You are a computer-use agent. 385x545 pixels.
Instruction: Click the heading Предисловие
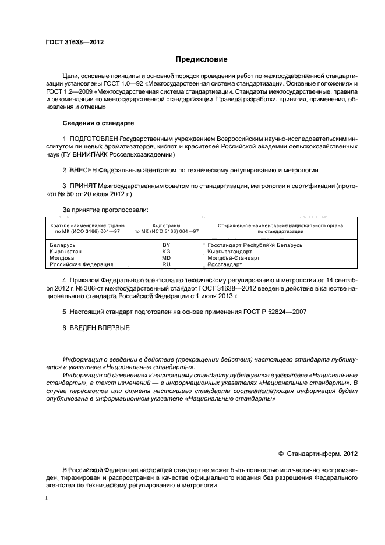tap(202, 59)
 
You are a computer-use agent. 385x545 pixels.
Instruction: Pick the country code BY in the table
tap(166, 245)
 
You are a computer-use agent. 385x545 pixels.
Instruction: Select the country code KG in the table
tap(166, 252)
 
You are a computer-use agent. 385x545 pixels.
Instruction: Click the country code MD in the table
tap(166, 257)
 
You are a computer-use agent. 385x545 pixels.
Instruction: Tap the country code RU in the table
tap(166, 264)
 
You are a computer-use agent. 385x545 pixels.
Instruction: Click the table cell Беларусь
tap(63, 245)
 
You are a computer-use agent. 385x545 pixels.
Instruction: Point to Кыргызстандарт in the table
tap(229, 252)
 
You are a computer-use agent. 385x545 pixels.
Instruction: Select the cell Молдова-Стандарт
tap(234, 257)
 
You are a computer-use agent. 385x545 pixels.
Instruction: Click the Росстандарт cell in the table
tap(224, 264)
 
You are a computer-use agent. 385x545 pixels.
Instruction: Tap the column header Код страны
tap(166, 225)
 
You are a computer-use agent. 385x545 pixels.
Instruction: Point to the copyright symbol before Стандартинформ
tap(280, 452)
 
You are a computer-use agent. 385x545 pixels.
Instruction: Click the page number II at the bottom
tap(48, 498)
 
